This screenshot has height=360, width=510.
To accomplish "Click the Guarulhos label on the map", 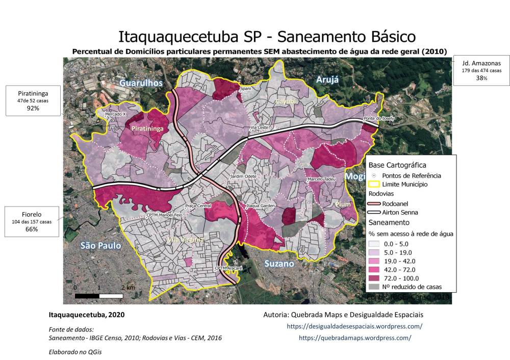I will [x=141, y=83].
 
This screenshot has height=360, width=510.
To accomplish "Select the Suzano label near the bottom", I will [x=279, y=264].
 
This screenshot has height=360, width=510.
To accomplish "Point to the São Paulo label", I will [x=100, y=246].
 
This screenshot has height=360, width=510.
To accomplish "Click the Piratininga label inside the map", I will [x=147, y=129].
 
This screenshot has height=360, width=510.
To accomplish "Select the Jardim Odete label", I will [x=244, y=176].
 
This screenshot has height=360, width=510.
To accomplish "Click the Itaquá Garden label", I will [x=261, y=207].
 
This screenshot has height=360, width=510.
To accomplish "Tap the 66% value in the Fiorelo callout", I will [x=32, y=229].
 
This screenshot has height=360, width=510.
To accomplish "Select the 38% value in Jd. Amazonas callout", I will [x=481, y=78].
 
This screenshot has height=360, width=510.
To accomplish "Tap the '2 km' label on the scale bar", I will [x=128, y=288].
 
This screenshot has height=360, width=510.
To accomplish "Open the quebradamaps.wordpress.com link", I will [x=354, y=338].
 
